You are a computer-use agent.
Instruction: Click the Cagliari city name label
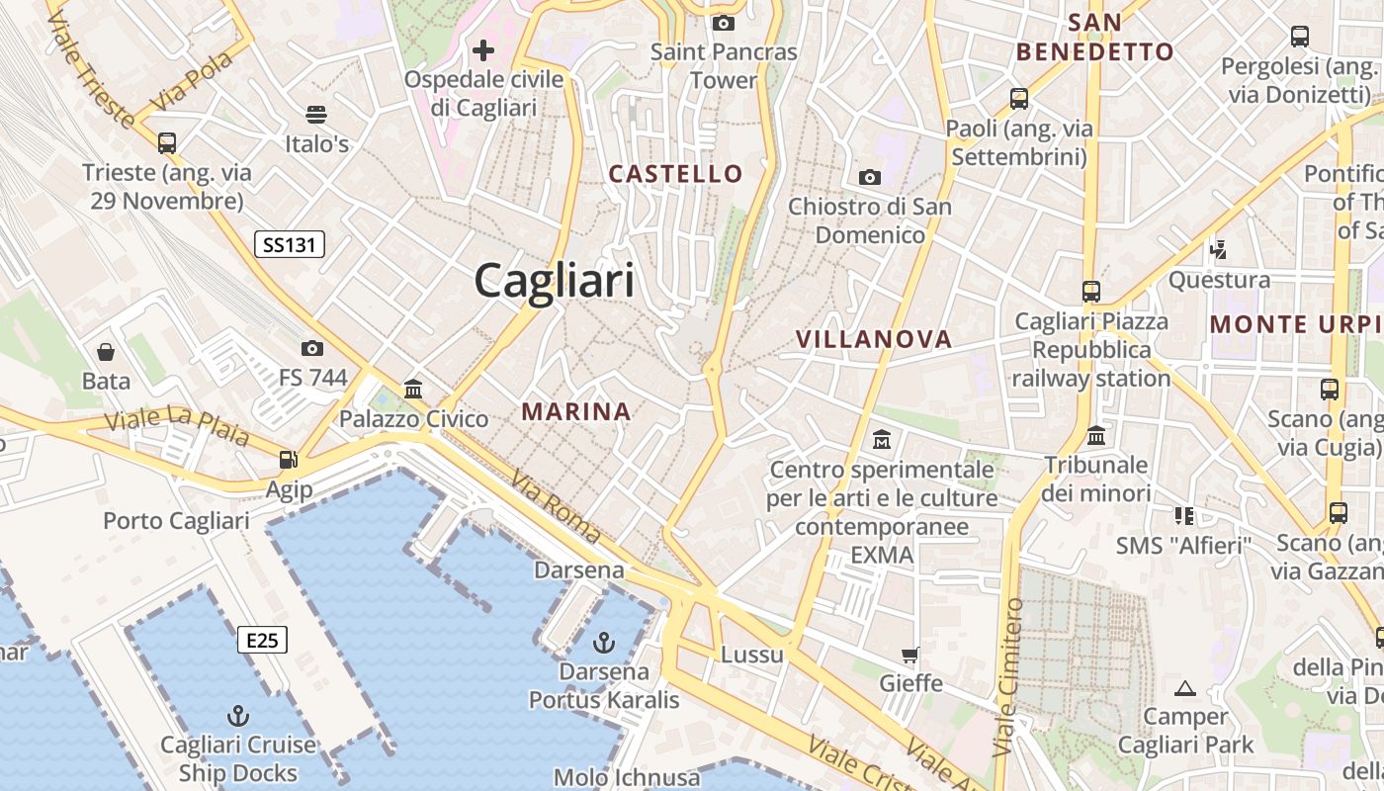tap(554, 281)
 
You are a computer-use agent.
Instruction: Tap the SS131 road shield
tap(290, 244)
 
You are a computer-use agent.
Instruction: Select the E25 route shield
tap(262, 641)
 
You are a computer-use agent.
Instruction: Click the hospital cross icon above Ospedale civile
tap(483, 49)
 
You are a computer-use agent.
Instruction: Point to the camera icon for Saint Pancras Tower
tap(724, 23)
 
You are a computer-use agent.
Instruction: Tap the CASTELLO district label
tap(676, 174)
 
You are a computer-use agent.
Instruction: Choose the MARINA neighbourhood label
tap(576, 411)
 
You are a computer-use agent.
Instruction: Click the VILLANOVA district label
tap(874, 339)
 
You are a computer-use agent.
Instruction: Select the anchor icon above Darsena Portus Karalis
tap(603, 644)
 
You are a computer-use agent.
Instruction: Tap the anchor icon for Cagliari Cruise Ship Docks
tap(237, 716)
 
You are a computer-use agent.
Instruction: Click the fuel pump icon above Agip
tap(289, 460)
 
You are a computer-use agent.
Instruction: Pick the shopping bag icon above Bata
tap(105, 352)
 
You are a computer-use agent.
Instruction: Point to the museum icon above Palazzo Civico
tap(413, 390)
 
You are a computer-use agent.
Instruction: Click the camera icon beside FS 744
tap(312, 348)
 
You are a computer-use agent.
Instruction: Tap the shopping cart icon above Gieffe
tap(910, 655)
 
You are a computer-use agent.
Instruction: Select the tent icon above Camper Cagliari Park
tap(1185, 688)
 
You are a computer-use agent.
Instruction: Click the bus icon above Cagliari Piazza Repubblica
tap(1091, 292)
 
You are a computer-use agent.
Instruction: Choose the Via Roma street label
tap(555, 506)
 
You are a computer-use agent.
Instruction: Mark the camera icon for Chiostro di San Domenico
tap(870, 177)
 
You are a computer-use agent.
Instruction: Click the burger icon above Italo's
tap(316, 115)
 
